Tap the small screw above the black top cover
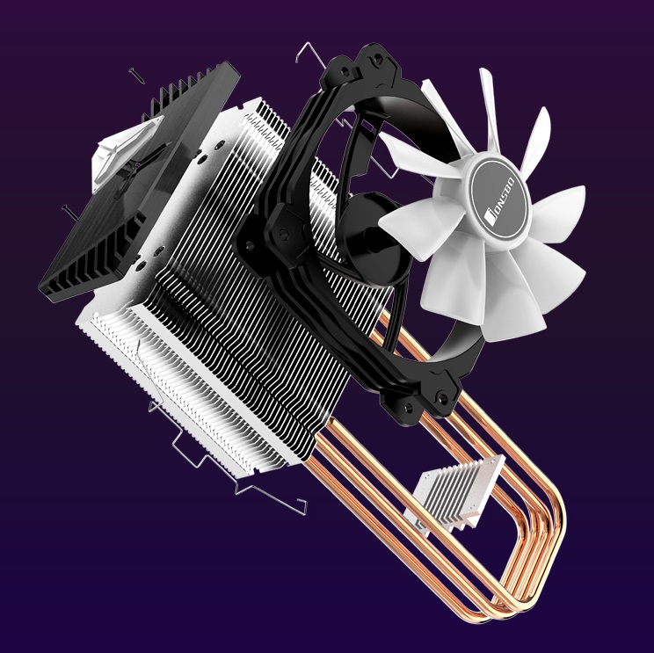137,75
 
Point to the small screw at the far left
69,213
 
